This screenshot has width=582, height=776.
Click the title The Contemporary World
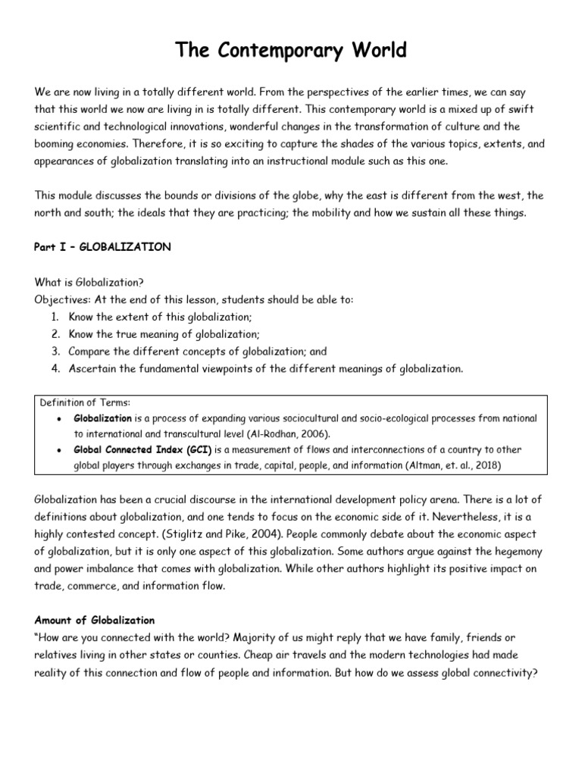click(x=291, y=51)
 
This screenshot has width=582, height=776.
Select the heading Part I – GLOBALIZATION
click(x=103, y=247)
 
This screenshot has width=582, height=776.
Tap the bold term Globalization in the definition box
click(x=102, y=418)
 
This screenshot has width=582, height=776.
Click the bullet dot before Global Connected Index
click(x=58, y=450)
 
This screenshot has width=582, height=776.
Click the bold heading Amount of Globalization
click(x=95, y=621)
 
